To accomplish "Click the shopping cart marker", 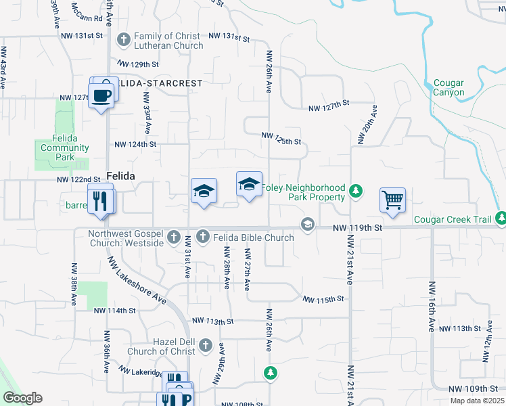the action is tap(392, 200).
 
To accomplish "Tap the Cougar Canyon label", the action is tap(448, 87).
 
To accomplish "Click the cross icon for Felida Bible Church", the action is tap(202, 237).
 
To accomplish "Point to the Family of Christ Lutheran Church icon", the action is tap(123, 40).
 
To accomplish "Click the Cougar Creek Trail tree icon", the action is tap(500, 218).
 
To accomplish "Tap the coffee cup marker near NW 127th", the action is tap(101, 95).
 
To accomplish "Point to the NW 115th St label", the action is tap(323, 299).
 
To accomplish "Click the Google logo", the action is tap(22, 398).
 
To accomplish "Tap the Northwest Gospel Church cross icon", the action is tap(174, 237).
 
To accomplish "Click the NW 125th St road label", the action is tap(281, 139).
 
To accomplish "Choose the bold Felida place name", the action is tap(120, 175).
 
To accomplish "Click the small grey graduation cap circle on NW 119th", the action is tap(308, 224).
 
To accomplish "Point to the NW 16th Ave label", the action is tap(430, 306).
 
